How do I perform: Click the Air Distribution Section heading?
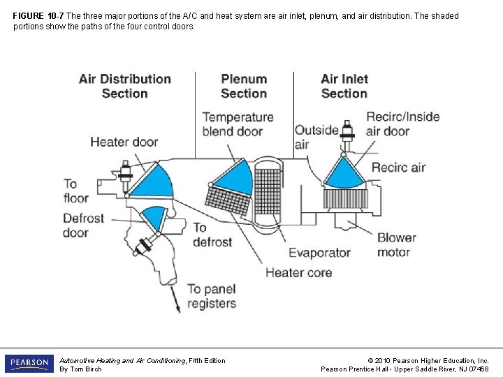pyautogui.click(x=125, y=86)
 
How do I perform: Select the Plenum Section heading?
pyautogui.click(x=244, y=86)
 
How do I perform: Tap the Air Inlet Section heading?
pyautogui.click(x=344, y=86)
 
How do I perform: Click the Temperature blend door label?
pyautogui.click(x=238, y=124)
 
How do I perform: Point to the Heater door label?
pyautogui.click(x=124, y=142)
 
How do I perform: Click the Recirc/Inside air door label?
pyautogui.click(x=402, y=124)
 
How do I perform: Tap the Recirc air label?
pyautogui.click(x=398, y=168)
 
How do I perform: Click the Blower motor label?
pyautogui.click(x=396, y=245)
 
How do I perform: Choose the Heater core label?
pyautogui.click(x=298, y=272)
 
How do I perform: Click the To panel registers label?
pyautogui.click(x=212, y=296)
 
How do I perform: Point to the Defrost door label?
pyautogui.click(x=84, y=226)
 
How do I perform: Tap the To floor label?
pyautogui.click(x=76, y=191)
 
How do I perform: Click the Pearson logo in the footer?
pyautogui.click(x=29, y=364)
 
